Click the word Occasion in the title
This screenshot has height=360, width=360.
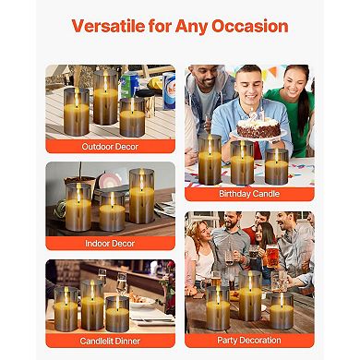pyautogui.click(x=251, y=26)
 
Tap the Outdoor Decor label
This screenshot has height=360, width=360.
pyautogui.click(x=109, y=146)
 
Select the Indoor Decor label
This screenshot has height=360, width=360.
pyautogui.click(x=109, y=244)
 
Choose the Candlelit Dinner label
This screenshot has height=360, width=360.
pyautogui.click(x=109, y=340)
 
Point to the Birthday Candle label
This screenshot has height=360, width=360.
pyautogui.click(x=249, y=195)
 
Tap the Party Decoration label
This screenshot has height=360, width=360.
pyautogui.click(x=249, y=340)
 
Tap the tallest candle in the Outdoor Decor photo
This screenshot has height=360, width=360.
pyautogui.click(x=104, y=97)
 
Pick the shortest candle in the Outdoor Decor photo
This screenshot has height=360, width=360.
pyautogui.click(x=132, y=118)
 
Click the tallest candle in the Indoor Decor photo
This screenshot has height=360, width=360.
pyautogui.click(x=141, y=196)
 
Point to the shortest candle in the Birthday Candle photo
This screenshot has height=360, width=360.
pyautogui.click(x=276, y=168)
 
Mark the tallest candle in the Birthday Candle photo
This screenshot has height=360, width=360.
pyautogui.click(x=210, y=160)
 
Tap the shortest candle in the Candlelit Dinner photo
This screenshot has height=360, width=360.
pyautogui.click(x=117, y=314)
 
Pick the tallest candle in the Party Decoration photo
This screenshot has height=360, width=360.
pyautogui.click(x=250, y=295)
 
